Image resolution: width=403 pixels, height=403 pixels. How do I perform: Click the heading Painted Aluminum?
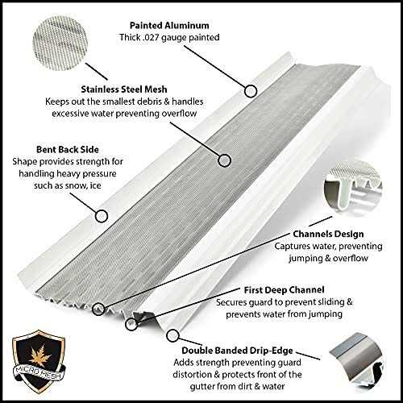click(x=169, y=25)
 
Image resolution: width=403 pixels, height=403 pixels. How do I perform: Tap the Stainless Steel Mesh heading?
click(x=124, y=89)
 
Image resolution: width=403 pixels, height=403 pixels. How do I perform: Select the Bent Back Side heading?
click(x=68, y=149)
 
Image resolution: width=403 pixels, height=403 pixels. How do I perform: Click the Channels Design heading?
click(x=328, y=234)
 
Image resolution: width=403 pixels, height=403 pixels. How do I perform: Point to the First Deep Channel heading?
click(x=284, y=290)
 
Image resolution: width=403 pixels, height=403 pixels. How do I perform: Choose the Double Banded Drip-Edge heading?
click(x=237, y=351)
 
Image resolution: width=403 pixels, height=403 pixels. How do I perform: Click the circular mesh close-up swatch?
click(x=60, y=43)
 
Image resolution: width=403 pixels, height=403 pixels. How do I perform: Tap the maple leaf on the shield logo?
click(x=39, y=356)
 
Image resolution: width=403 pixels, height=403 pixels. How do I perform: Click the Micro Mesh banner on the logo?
click(x=39, y=372)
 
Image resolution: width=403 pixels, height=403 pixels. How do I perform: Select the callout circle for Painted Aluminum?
click(x=251, y=91)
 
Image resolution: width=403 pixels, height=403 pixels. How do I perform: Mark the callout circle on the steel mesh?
click(x=224, y=160)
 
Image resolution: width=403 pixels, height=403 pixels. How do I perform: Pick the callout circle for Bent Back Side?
click(x=102, y=216)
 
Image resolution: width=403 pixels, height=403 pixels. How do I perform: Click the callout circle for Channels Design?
click(x=98, y=309)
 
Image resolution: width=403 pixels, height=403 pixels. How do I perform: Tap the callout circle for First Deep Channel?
click(x=131, y=324)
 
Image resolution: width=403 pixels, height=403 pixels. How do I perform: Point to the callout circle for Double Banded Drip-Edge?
click(x=172, y=335)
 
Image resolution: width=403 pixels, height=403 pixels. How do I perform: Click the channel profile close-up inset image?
click(x=352, y=187)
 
